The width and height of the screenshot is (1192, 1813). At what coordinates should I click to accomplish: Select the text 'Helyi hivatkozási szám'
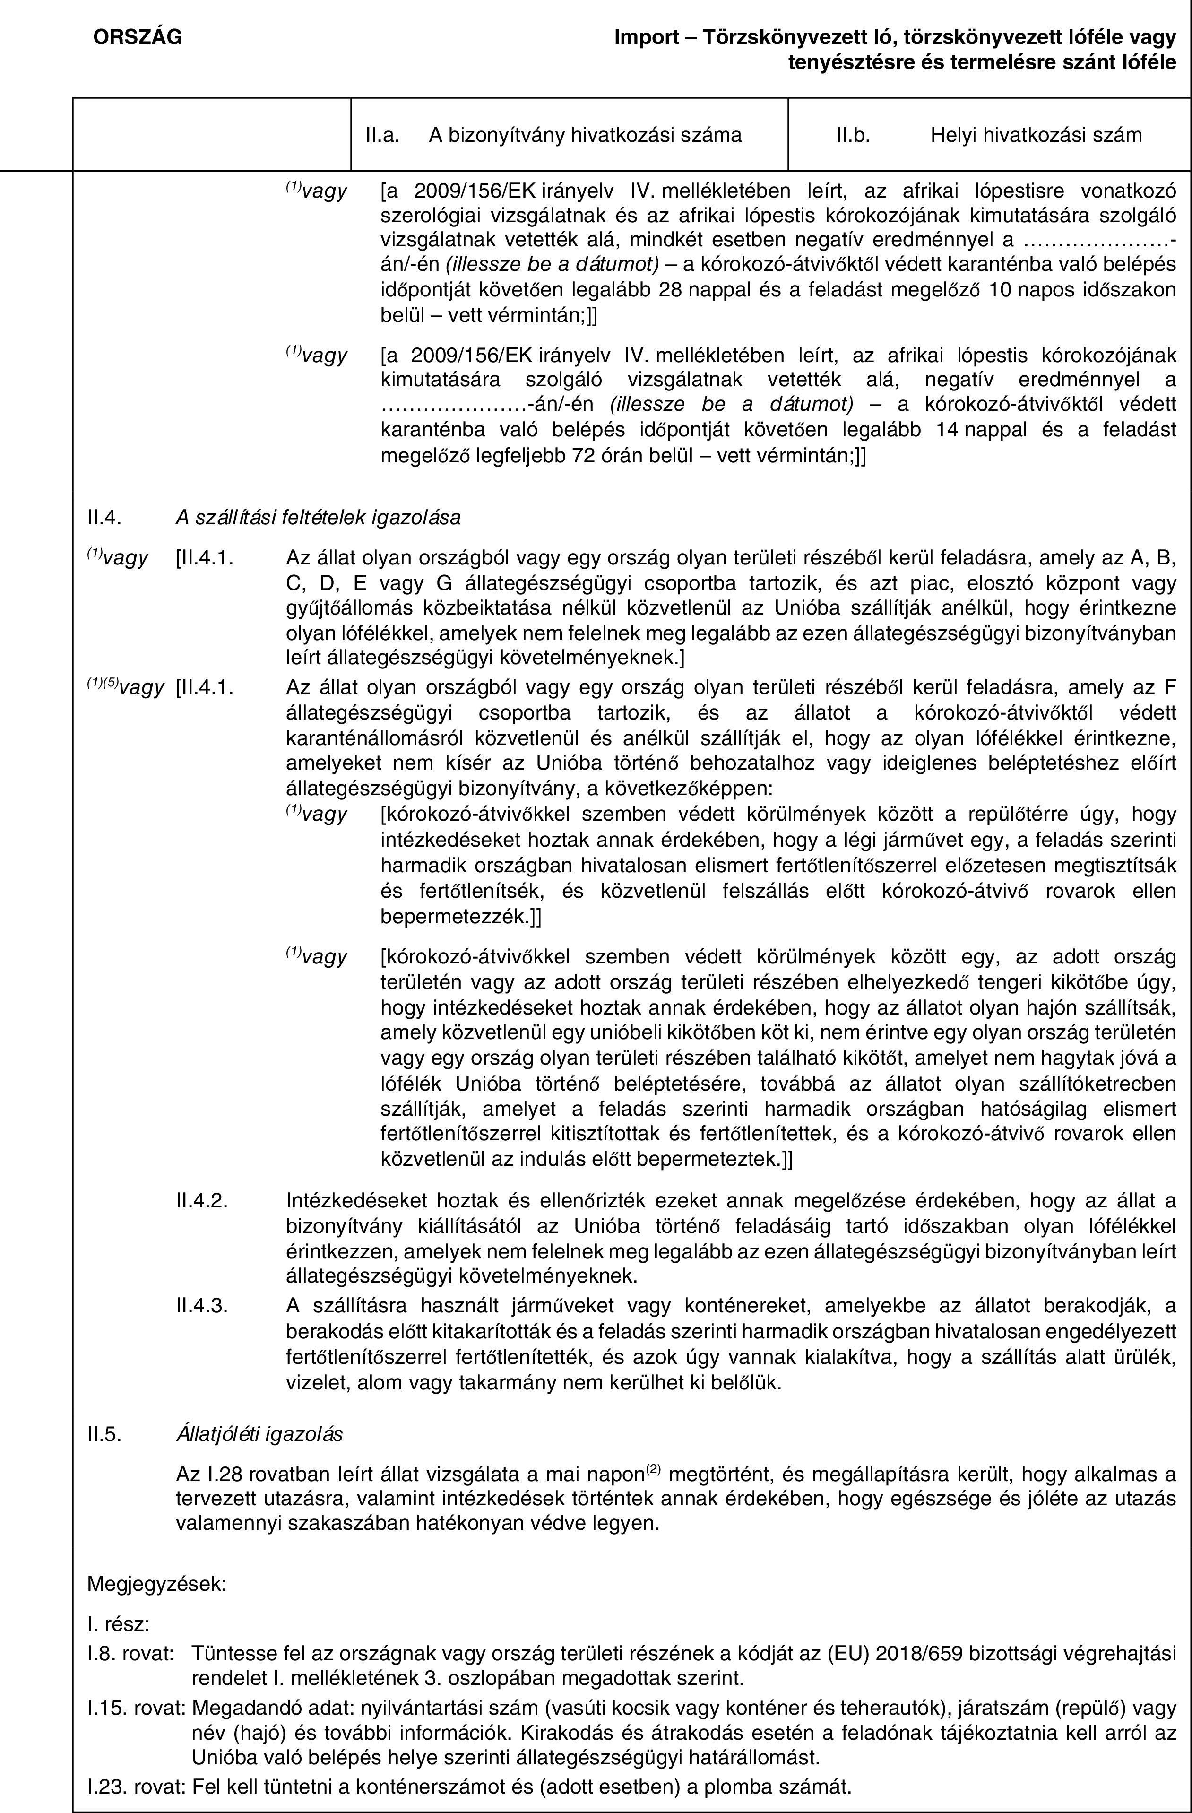click(1036, 136)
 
